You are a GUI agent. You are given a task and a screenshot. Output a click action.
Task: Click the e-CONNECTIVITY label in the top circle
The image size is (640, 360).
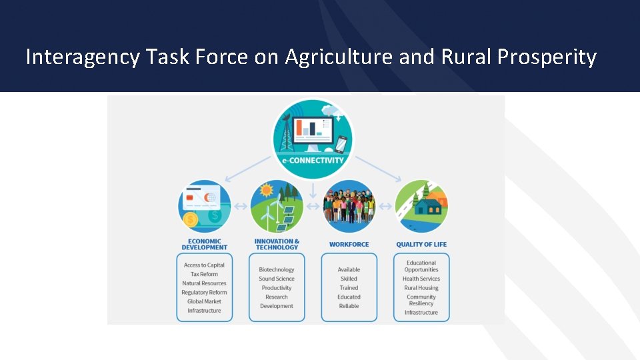click(313, 160)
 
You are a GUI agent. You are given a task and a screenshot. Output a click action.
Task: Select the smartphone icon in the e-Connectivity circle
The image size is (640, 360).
click(341, 144)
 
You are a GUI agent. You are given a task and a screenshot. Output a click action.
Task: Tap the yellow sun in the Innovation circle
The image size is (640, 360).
click(267, 191)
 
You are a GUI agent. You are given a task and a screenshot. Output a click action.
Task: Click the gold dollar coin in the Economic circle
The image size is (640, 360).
click(191, 219)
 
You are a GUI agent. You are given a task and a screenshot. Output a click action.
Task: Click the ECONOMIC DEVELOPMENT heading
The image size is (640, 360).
click(204, 245)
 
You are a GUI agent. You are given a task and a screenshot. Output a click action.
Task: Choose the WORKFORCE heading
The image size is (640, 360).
click(349, 245)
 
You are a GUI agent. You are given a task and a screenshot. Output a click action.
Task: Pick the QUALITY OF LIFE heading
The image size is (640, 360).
click(421, 245)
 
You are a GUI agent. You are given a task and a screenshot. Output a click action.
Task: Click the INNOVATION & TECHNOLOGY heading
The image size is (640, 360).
click(277, 245)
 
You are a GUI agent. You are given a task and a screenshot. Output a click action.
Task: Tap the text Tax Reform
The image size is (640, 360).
click(204, 274)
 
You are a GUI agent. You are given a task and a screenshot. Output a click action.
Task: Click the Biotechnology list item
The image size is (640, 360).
click(277, 270)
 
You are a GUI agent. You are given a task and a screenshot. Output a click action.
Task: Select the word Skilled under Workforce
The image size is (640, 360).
click(349, 279)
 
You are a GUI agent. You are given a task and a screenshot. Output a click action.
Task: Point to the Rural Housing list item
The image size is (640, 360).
click(421, 288)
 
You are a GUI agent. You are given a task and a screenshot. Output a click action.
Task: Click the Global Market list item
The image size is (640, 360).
click(204, 301)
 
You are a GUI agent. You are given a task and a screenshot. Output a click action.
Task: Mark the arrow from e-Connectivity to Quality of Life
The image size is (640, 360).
click(377, 168)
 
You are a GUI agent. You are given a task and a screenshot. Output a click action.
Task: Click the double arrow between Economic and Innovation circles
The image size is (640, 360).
click(240, 207)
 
